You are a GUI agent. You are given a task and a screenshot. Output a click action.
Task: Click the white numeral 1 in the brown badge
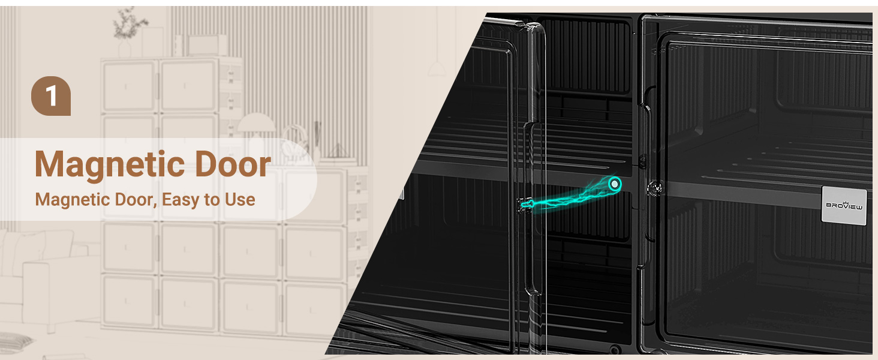click(x=52, y=95)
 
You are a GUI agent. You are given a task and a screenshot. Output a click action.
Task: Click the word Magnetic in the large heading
click(x=110, y=166)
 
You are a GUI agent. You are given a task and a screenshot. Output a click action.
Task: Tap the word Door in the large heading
click(x=233, y=164)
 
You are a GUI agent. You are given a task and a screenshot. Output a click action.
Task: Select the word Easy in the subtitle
click(x=181, y=200)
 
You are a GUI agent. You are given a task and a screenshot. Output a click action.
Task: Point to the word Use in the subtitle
click(x=240, y=200)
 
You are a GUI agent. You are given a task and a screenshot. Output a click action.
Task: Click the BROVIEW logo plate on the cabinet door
click(x=844, y=205)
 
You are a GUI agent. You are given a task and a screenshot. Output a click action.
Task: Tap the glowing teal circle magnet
click(x=615, y=184)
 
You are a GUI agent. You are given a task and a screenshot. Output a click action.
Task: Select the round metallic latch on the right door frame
click(x=655, y=188)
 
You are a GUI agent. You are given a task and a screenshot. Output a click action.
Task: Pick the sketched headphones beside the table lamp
click(x=293, y=141)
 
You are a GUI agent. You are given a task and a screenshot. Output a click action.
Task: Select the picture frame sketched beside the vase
click(x=152, y=42)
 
